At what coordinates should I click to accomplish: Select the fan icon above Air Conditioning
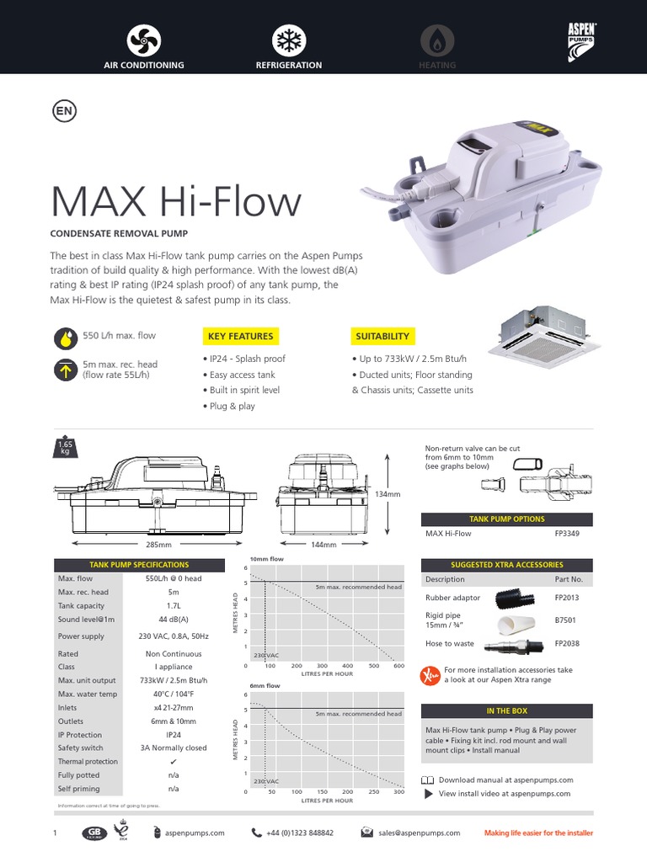coord(143,41)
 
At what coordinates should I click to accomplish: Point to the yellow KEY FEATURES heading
coord(240,337)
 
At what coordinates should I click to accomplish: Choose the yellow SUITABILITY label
coord(382,337)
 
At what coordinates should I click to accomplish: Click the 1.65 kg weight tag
coord(65,446)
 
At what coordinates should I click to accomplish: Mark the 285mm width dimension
coord(124,545)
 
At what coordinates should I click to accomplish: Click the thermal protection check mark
coord(174,762)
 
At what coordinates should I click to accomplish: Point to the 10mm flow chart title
coord(266,559)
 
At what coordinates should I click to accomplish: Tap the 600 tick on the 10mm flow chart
coord(398,666)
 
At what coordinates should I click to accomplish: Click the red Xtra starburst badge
coord(430,675)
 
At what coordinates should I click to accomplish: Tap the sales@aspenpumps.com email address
coord(419,833)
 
